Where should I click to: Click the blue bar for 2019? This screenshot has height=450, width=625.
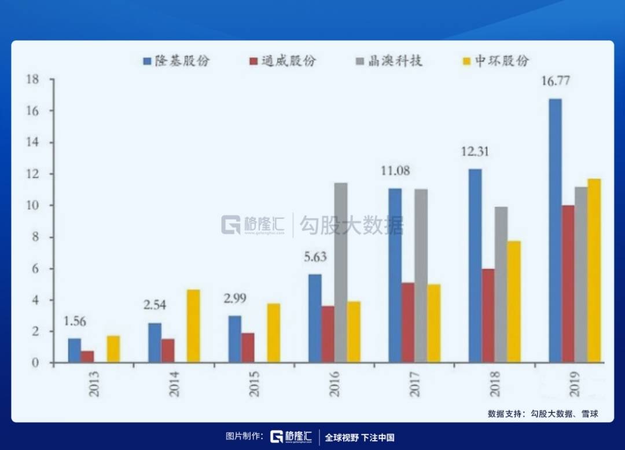coord(555,231)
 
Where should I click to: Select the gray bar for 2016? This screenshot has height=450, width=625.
coord(341,273)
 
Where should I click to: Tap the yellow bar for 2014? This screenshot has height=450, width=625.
coord(193,326)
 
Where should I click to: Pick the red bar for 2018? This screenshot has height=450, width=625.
coord(488,316)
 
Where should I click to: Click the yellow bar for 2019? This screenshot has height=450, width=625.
coord(594,271)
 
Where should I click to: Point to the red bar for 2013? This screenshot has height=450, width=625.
coord(87,357)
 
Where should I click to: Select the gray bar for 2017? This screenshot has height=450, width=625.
coord(421,276)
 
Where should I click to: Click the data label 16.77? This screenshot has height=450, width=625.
coord(556,81)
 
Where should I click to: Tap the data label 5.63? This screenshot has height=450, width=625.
coord(315,257)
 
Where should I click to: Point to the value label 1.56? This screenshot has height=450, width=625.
coord(75,321)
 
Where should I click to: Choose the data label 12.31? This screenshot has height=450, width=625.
coord(475,152)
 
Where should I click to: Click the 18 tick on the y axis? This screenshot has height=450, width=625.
coord(32,79)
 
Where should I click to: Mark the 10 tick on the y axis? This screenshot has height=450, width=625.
coord(32,206)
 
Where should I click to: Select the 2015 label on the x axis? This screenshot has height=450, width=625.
coord(253,384)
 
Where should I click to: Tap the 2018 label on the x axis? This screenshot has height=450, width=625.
coord(494,384)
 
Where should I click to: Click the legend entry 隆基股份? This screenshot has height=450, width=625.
coord(177,61)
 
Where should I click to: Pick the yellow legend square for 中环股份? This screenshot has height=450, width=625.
coord(466,61)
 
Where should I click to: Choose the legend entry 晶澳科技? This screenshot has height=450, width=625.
coord(389,61)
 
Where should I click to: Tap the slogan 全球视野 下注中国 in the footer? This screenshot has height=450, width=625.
coord(359,438)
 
